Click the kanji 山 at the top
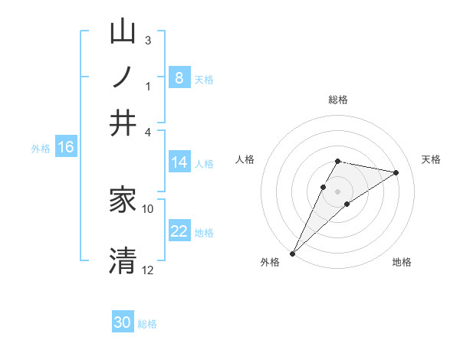pos(123,34)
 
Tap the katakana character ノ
pos(123,77)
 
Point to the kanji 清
pos(123,260)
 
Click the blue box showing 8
pos(179,77)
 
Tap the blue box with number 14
pos(179,162)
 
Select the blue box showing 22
pos(179,231)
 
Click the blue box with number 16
pos(65,147)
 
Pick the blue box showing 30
pos(123,322)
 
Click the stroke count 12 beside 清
pos(148,270)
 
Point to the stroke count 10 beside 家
pos(148,208)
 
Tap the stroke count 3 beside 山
pos(148,40)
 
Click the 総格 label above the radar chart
pos(337,100)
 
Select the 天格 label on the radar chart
pos(431,159)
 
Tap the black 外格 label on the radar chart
pos(270,262)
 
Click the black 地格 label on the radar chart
pos(402,262)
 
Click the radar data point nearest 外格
pos(292,254)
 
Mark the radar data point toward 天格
pos(396,172)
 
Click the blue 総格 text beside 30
pos(147,324)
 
